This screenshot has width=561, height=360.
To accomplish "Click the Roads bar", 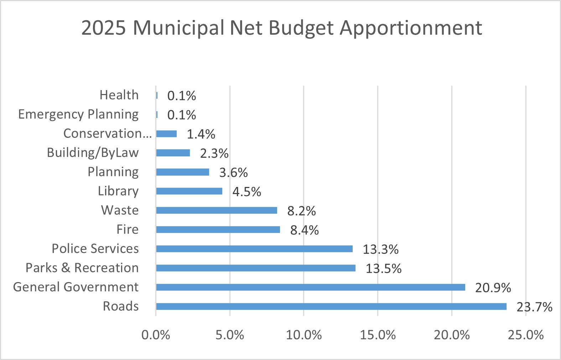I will pyautogui.click(x=331, y=306).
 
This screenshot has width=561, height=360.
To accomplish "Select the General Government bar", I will pyautogui.click(x=311, y=287).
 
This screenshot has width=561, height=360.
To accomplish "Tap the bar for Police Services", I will pyautogui.click(x=254, y=249).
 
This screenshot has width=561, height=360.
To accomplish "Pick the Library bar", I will pyautogui.click(x=189, y=191).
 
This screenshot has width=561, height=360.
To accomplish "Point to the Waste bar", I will pyautogui.click(x=217, y=210).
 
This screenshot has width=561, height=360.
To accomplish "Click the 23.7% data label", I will pyautogui.click(x=534, y=307).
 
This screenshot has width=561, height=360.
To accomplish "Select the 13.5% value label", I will pyautogui.click(x=384, y=268).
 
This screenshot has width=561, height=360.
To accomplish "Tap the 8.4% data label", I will pyautogui.click(x=304, y=230).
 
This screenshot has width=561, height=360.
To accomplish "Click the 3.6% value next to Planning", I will pyautogui.click(x=233, y=172).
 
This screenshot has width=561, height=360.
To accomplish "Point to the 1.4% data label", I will pyautogui.click(x=201, y=134).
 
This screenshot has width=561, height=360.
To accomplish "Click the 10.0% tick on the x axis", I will pyautogui.click(x=304, y=335).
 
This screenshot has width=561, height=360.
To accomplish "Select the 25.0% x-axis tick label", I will pyautogui.click(x=526, y=335).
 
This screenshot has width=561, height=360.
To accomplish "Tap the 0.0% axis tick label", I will pyautogui.click(x=156, y=335).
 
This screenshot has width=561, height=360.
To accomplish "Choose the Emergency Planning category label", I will pyautogui.click(x=78, y=114).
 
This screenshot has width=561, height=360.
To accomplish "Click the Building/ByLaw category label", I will pyautogui.click(x=93, y=153).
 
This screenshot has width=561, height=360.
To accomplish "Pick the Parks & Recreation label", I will pyautogui.click(x=82, y=268).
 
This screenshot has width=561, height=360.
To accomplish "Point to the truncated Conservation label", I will pyautogui.click(x=107, y=134).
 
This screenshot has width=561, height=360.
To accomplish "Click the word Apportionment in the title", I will pyautogui.click(x=411, y=28).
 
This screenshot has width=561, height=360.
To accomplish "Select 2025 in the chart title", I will pyautogui.click(x=104, y=28).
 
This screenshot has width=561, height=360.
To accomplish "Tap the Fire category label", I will pyautogui.click(x=128, y=229).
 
